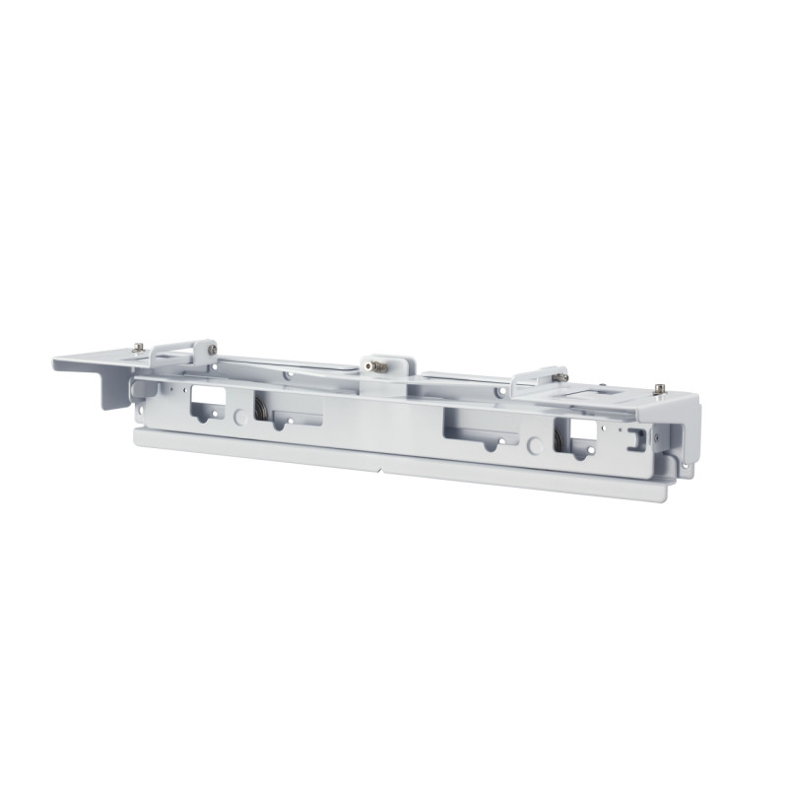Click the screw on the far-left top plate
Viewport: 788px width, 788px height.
pos(139,347)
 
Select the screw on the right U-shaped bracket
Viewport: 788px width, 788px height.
pos(558,376)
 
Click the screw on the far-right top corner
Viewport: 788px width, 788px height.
pos(658,387)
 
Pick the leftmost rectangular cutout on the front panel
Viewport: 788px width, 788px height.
pos(208,399)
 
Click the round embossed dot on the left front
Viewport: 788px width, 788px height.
pos(240,418)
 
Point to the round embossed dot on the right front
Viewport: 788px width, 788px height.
pos(535,445)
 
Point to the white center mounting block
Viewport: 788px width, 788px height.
pos(385,371)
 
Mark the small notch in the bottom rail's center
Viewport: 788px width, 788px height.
pos(386,468)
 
